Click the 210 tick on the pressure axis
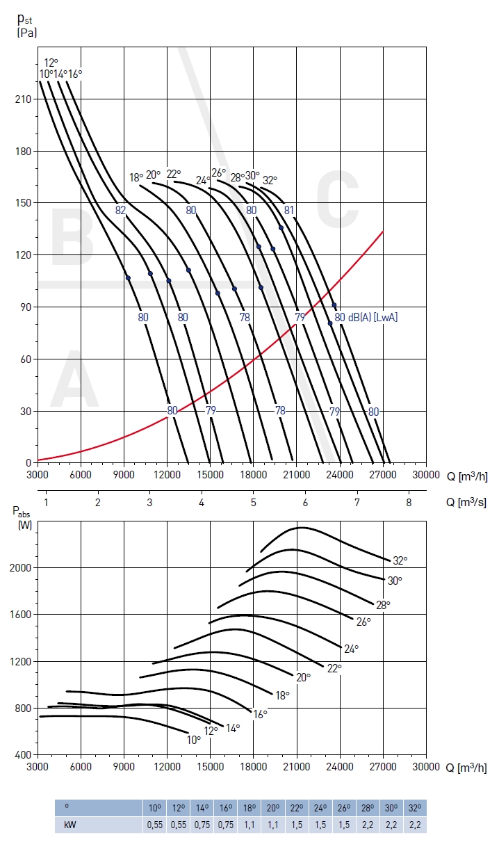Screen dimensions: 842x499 [x=23, y=99]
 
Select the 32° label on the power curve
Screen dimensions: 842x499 [x=400, y=560]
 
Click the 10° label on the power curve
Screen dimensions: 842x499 [x=194, y=740]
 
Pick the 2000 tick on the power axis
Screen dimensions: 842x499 [x=21, y=568]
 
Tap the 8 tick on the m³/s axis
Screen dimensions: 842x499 [x=409, y=502]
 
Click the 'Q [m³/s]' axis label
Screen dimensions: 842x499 [x=468, y=502]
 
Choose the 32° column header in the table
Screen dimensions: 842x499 [x=415, y=808]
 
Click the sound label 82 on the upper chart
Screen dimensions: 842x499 [x=121, y=210]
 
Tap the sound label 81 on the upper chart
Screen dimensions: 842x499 [x=289, y=210]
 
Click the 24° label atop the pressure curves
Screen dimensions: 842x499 [x=203, y=180]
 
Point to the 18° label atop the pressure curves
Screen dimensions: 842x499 [x=136, y=177]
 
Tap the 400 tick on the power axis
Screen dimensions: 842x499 [x=24, y=754]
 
